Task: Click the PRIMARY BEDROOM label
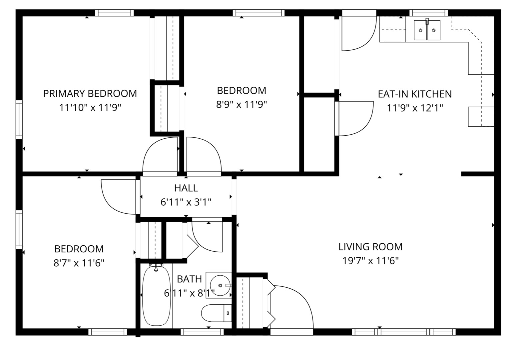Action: tap(90, 94)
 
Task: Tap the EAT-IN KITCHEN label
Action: tap(415, 94)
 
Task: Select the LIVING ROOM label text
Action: tap(370, 247)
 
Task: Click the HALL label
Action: tap(186, 188)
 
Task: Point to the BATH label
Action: tap(189, 279)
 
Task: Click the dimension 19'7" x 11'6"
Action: tap(370, 261)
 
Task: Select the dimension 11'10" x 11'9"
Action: tap(90, 108)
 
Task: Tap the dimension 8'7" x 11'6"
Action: tap(79, 263)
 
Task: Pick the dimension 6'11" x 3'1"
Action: tap(186, 202)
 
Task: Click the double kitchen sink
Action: tap(427, 30)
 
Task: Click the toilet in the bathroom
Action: tap(216, 313)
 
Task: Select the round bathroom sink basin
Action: tap(220, 285)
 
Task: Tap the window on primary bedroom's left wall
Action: tap(19, 120)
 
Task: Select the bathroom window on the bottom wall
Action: tap(202, 332)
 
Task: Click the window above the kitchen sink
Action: tap(429, 13)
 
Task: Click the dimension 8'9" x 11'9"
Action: tap(242, 104)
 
